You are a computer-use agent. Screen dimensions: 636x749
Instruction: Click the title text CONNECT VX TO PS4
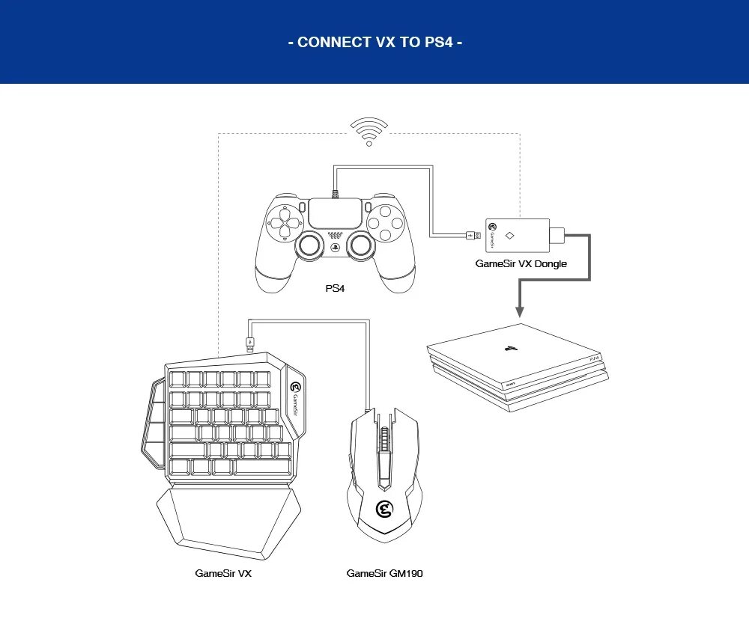click(374, 42)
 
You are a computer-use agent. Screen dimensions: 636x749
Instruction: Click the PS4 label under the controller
click(334, 288)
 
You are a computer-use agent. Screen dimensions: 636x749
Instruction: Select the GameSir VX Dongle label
click(521, 263)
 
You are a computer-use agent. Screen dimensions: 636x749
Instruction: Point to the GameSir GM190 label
click(384, 573)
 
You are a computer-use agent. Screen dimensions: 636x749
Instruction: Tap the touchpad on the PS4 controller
click(335, 212)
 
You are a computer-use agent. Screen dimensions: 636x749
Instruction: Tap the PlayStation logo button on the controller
click(335, 247)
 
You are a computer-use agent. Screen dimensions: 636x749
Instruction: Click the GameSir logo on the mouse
click(384, 510)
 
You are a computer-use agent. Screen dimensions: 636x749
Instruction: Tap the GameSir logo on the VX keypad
click(295, 388)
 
